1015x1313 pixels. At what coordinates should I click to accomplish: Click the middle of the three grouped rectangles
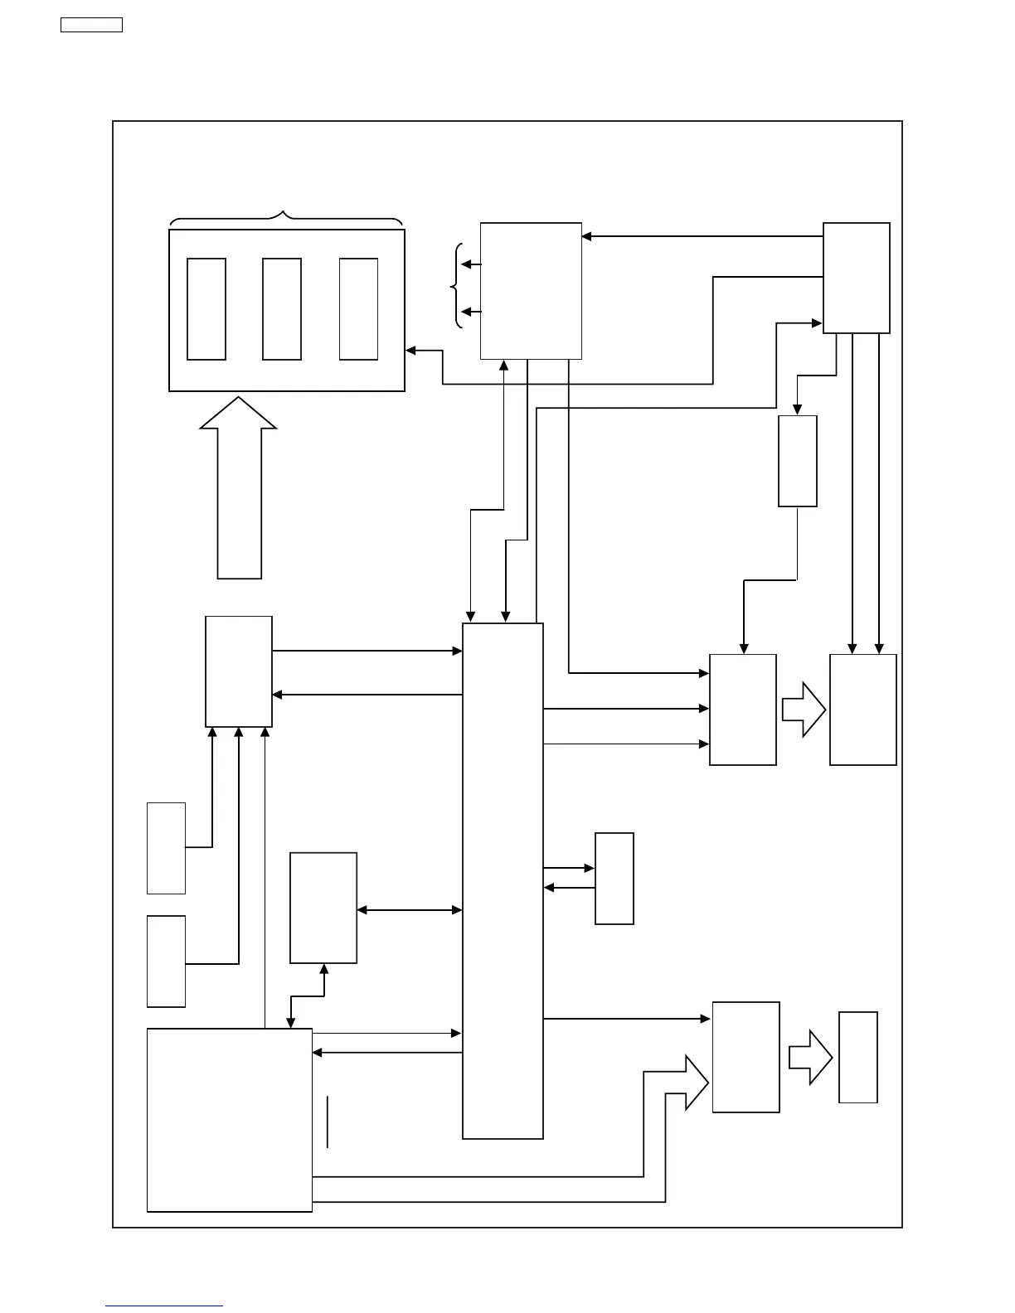point(281,309)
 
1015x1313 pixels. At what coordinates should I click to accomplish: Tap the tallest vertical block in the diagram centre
point(503,880)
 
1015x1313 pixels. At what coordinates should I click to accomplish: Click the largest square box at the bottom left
point(230,1120)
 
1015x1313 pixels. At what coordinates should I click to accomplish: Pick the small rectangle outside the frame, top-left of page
point(91,25)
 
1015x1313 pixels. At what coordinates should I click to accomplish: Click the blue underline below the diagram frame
point(164,1306)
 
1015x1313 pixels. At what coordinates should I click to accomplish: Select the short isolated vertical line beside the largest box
point(328,1122)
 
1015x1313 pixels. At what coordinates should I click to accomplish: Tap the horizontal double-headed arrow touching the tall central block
point(409,910)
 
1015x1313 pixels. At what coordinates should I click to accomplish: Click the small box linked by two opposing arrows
point(614,879)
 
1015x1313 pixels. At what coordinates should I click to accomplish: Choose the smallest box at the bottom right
point(858,1057)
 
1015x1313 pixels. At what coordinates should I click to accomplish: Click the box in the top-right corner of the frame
point(857,278)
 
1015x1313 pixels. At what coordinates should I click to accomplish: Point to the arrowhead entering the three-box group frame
point(410,351)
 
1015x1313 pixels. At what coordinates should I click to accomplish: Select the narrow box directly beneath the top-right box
point(798,461)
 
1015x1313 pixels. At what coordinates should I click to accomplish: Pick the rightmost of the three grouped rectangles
point(358,309)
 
